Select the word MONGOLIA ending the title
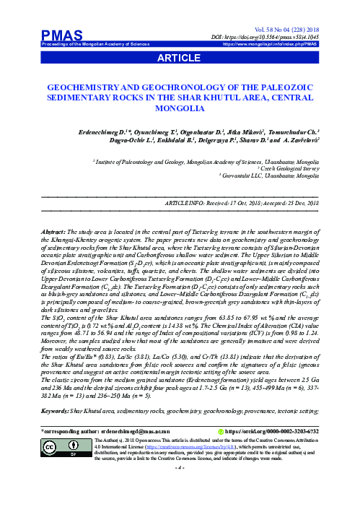click(x=180, y=109)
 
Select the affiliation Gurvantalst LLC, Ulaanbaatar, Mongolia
click(x=273, y=175)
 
